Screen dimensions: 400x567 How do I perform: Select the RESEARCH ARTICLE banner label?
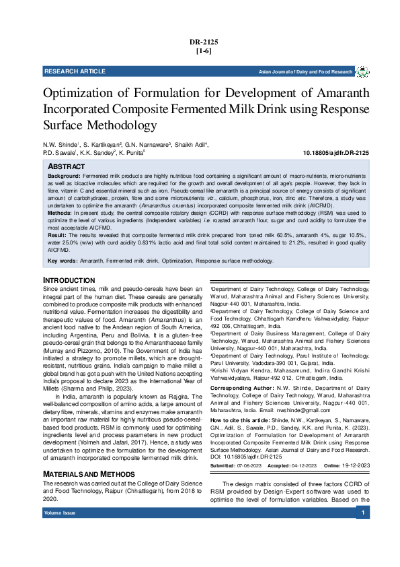tap(75, 71)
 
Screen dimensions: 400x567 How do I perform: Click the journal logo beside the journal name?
tap(362, 71)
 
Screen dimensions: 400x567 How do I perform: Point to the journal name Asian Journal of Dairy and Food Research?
tap(306, 71)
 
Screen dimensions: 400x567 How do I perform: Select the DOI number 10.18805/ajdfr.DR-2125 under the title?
tap(337, 154)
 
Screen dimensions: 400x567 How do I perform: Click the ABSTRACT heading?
tap(66, 166)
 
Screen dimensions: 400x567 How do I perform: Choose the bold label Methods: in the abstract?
tap(60, 211)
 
